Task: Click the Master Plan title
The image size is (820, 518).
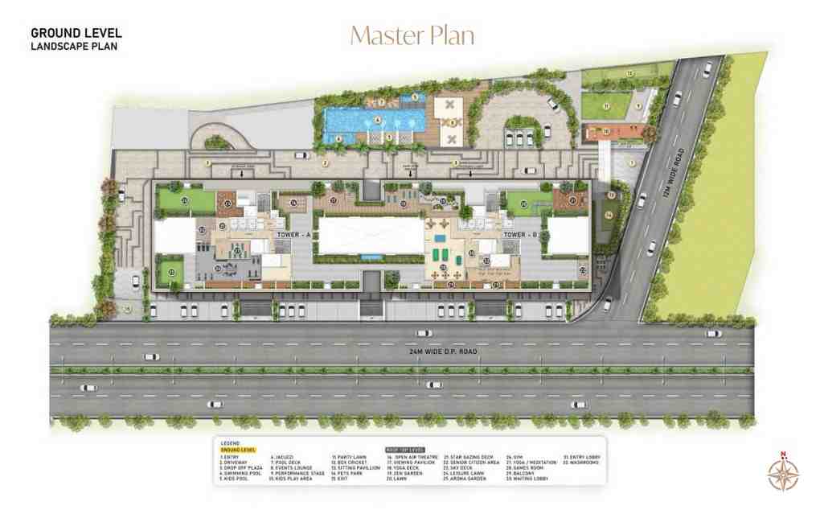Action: click(x=411, y=35)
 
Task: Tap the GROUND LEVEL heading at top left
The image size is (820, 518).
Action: click(x=76, y=33)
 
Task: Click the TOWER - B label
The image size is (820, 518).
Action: click(x=520, y=234)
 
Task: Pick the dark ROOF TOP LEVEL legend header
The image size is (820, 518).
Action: click(x=404, y=450)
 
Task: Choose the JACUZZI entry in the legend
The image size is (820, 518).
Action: click(x=285, y=457)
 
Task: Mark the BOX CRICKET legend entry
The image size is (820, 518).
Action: click(x=347, y=462)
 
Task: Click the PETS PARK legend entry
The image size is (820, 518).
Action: click(x=346, y=474)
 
